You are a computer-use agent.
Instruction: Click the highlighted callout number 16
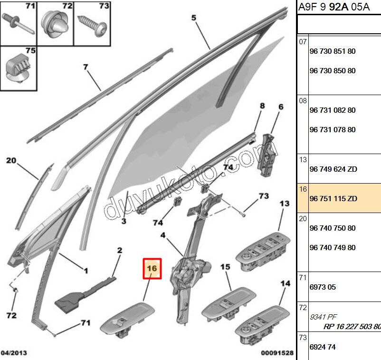tap(152, 268)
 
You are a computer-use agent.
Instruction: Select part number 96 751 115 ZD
tap(333, 198)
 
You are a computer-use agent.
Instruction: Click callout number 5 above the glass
tap(194, 18)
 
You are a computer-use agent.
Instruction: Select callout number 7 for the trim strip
tap(86, 67)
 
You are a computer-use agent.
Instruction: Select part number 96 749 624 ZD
tap(333, 169)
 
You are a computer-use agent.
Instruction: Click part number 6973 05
tap(323, 287)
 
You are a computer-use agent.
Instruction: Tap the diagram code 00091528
tap(277, 353)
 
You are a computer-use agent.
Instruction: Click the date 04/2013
tap(14, 353)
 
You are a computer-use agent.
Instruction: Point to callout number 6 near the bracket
tap(280, 107)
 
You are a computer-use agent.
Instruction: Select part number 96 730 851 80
tap(332, 51)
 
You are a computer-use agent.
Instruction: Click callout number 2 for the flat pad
tap(120, 250)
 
